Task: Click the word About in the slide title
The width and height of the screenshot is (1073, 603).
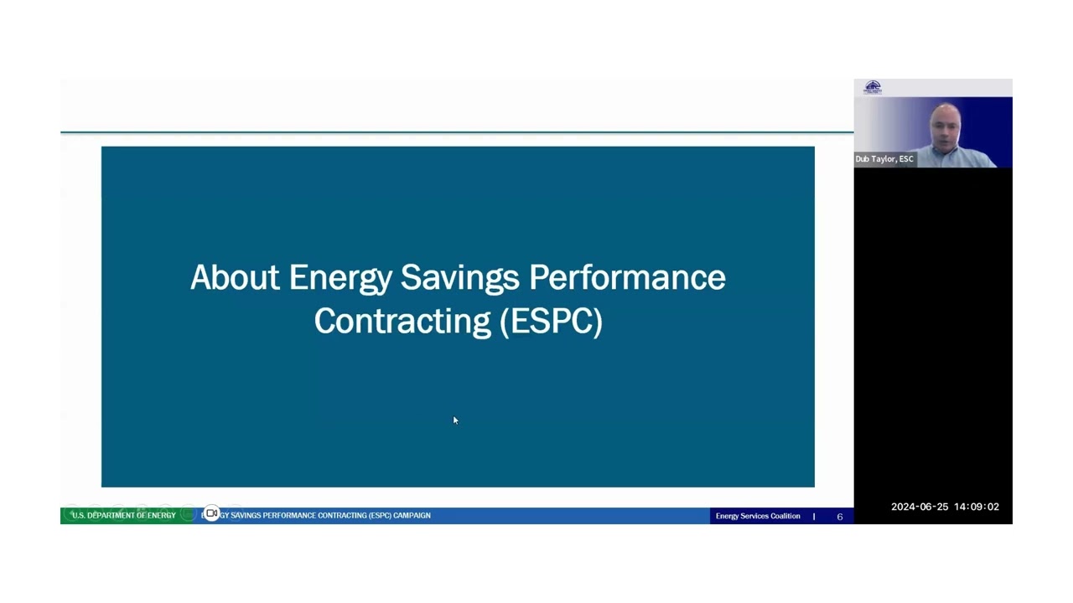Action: pyautogui.click(x=235, y=277)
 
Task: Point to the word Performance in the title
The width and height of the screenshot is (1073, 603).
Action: pyautogui.click(x=627, y=277)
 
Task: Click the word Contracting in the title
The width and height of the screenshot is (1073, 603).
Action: pyautogui.click(x=402, y=322)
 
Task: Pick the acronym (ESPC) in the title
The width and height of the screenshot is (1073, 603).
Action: pyautogui.click(x=551, y=322)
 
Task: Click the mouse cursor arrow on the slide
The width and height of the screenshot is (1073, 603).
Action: pyautogui.click(x=455, y=420)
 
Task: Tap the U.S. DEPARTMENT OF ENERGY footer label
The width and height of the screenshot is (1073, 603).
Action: pyautogui.click(x=123, y=515)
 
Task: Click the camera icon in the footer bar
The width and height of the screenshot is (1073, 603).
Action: pyautogui.click(x=211, y=514)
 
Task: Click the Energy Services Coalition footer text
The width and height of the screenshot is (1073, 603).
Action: pyautogui.click(x=758, y=516)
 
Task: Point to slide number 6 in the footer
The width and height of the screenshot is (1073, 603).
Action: pyautogui.click(x=839, y=517)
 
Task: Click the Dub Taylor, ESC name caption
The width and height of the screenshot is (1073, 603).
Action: pyautogui.click(x=884, y=159)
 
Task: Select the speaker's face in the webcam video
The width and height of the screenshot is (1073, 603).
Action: pyautogui.click(x=946, y=126)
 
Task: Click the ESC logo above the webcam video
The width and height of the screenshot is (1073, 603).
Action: pyautogui.click(x=873, y=87)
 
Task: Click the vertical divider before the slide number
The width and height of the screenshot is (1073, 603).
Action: pyautogui.click(x=814, y=517)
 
